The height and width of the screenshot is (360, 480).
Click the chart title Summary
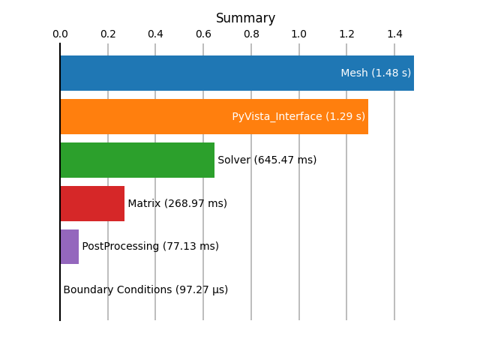245,18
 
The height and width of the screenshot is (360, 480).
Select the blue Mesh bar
237,73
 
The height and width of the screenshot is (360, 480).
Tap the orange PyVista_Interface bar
214,117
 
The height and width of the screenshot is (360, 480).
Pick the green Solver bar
137,160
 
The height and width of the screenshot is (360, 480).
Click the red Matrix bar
92,203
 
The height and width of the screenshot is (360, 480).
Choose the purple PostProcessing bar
70,247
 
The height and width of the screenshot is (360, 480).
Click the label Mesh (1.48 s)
376,73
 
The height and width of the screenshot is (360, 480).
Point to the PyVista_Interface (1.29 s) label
298,117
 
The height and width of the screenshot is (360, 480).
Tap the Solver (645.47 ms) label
267,160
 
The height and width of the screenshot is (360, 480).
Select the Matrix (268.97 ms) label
178,203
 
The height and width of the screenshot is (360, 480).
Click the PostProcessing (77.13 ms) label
151,247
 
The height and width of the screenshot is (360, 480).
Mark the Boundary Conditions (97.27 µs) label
145,290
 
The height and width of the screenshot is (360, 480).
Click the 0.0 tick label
60,34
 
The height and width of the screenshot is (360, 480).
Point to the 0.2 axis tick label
108,34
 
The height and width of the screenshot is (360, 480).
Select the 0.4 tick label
155,34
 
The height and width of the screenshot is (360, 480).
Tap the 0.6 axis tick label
203,34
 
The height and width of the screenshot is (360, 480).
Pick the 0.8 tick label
252,34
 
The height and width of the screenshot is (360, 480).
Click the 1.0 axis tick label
299,34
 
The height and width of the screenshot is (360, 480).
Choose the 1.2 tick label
346,34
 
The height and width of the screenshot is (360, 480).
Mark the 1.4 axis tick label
395,34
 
